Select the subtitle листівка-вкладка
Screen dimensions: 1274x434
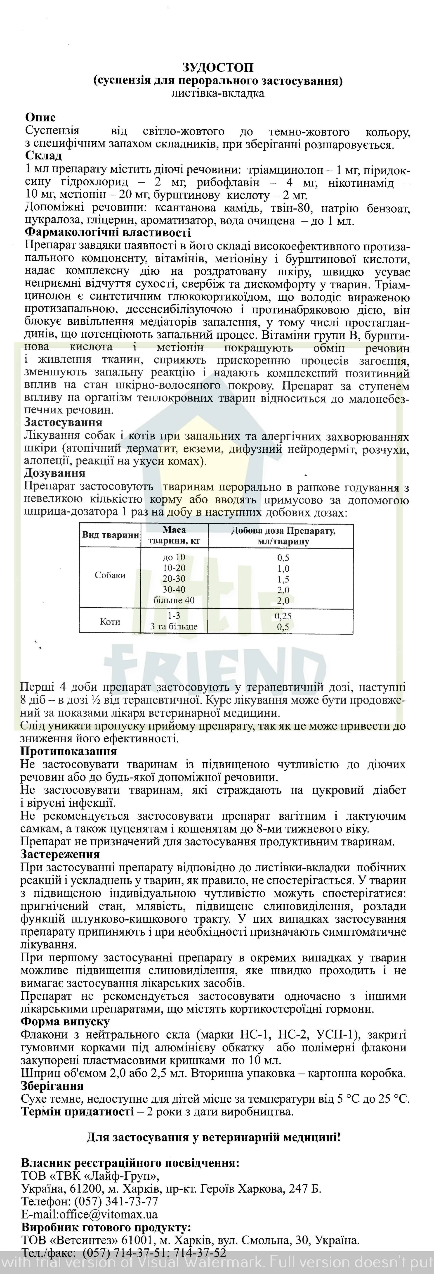pos(217,93)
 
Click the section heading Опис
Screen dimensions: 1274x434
pos(40,118)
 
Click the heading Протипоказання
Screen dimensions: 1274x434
pos(69,751)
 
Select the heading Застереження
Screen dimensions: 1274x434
pos(60,854)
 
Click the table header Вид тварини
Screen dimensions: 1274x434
pos(110,535)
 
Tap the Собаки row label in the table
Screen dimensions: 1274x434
pos(110,575)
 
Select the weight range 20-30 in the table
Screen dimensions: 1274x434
pos(174,579)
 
